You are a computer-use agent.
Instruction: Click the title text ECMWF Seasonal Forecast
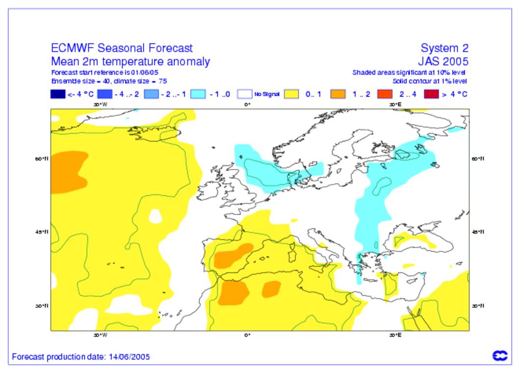coord(122,48)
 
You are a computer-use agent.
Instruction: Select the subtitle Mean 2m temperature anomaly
coord(130,62)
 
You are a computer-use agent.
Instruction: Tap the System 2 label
coord(444,48)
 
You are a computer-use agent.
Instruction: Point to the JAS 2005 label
coord(443,62)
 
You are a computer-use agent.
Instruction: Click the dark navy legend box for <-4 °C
coord(58,94)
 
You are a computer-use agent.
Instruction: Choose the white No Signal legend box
coord(245,94)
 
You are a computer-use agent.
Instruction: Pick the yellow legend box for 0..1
coord(292,94)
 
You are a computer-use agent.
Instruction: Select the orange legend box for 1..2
coord(338,94)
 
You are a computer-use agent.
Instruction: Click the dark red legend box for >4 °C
coord(431,94)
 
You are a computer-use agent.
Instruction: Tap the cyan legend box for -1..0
coord(198,94)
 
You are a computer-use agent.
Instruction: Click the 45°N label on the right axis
coord(478,232)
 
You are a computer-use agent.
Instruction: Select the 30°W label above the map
coord(100,104)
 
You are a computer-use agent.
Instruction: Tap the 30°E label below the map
coord(395,336)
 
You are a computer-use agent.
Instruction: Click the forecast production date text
coord(81,357)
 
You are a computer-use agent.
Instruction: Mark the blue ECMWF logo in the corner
coord(500,356)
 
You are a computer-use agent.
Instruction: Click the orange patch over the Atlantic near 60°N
coord(66,171)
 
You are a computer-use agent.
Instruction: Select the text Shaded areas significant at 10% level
coord(409,73)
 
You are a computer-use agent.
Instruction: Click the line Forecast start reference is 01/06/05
coord(104,73)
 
